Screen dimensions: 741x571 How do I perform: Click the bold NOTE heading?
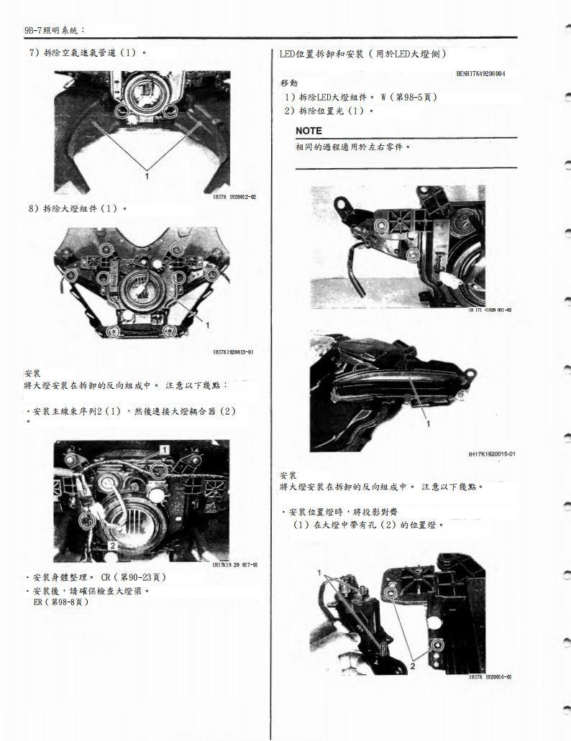tap(309, 131)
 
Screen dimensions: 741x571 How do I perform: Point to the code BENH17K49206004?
tap(480, 73)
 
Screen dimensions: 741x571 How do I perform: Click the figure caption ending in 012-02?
tap(234, 196)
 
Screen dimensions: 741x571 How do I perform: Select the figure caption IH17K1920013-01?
tap(233, 352)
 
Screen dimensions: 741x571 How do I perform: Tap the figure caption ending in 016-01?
tap(490, 677)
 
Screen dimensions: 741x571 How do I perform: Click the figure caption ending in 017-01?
tap(235, 565)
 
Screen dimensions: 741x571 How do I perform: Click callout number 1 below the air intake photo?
tap(147, 175)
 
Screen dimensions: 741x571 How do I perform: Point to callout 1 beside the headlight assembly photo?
tap(207, 326)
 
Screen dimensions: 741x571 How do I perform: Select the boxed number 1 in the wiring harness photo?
tap(164, 449)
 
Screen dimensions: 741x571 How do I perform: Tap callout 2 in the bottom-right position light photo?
tap(412, 666)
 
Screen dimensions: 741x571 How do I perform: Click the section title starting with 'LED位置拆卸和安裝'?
tap(362, 54)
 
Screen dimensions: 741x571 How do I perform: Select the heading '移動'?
tap(288, 83)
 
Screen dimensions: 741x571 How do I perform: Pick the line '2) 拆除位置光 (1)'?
tap(329, 111)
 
